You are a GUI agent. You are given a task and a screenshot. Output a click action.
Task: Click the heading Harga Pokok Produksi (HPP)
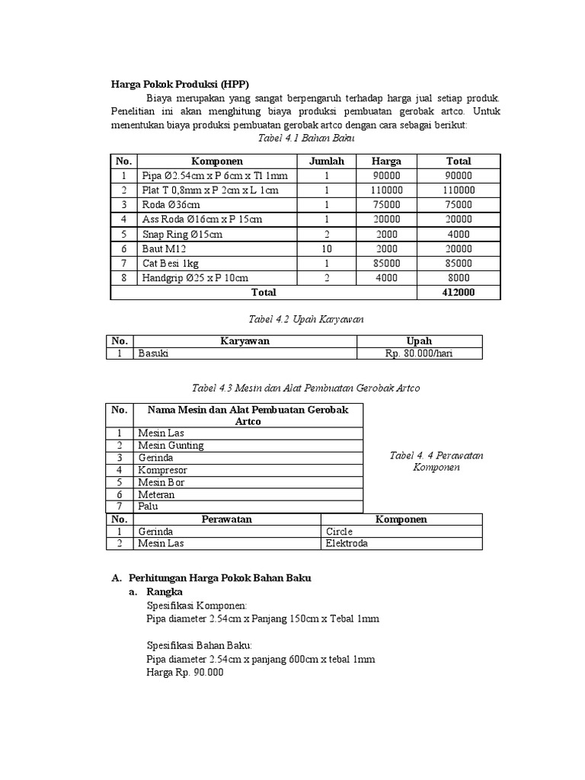(180, 84)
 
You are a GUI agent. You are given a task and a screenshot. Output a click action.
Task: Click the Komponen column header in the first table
(217, 161)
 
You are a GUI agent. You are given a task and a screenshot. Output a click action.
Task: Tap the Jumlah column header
(326, 161)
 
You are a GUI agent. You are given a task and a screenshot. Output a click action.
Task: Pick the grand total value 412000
(459, 292)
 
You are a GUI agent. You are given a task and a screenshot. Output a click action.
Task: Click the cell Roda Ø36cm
(171, 204)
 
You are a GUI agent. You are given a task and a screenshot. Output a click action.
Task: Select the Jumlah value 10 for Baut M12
(326, 248)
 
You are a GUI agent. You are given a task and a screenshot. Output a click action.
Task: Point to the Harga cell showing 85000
(386, 263)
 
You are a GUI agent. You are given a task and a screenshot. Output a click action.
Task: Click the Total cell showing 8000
(459, 278)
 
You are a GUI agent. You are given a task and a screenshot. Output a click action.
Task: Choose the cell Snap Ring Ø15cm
(182, 234)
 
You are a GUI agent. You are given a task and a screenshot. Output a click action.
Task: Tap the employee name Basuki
(153, 354)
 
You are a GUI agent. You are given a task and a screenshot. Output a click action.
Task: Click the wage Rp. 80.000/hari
(419, 354)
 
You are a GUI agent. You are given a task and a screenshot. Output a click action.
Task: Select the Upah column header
(419, 341)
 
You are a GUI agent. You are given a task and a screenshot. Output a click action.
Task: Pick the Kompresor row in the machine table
(161, 470)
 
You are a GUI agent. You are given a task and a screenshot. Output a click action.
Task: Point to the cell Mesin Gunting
(171, 446)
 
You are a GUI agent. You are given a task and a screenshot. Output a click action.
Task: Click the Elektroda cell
(347, 544)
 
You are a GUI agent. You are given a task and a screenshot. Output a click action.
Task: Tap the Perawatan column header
(226, 519)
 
